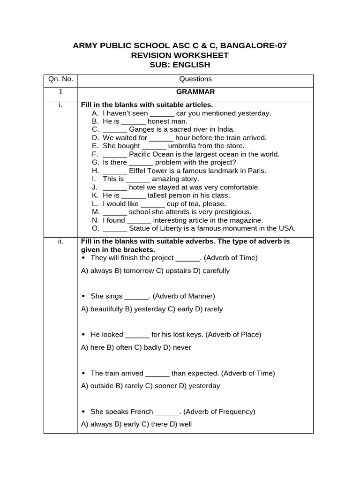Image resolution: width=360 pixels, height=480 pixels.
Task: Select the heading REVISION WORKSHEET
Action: (x=180, y=55)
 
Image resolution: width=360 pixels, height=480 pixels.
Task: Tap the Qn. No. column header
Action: (x=60, y=79)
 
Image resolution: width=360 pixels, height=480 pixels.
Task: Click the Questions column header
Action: (x=195, y=79)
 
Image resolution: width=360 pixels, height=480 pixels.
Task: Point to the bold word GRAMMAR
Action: (x=195, y=92)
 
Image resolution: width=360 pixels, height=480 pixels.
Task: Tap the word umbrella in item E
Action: (x=183, y=146)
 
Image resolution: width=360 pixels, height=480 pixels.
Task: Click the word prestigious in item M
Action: (x=231, y=212)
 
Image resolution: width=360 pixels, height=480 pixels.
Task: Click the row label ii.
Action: (x=60, y=241)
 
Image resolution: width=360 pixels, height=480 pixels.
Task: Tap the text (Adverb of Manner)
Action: (x=184, y=296)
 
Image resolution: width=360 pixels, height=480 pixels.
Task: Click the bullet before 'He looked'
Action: (x=84, y=334)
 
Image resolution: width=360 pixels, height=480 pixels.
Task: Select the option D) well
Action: (x=181, y=424)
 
